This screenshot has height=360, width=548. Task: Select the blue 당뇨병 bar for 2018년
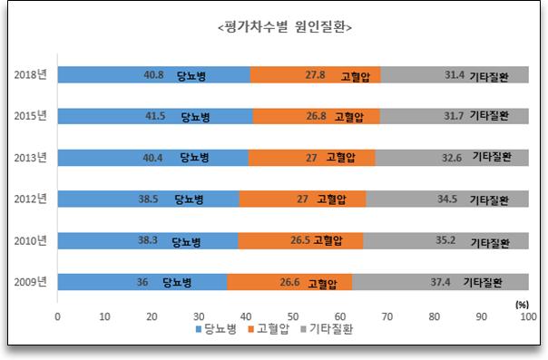pos(109,75)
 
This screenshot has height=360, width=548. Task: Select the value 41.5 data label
pos(157,116)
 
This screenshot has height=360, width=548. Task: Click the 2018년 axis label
pos(33,75)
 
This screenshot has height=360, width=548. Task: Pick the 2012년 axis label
pos(33,199)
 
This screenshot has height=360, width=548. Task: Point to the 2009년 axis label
pos(33,283)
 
